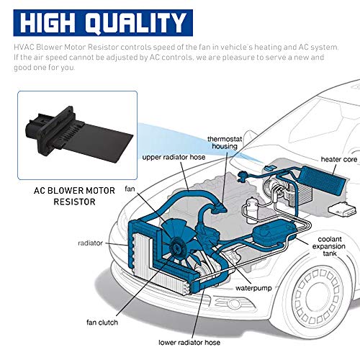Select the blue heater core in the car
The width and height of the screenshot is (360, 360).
point(302,184)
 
